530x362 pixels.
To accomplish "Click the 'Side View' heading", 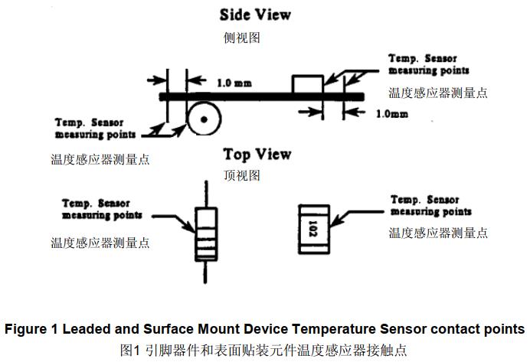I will (256, 15).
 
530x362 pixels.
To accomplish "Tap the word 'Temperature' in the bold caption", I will (333, 329).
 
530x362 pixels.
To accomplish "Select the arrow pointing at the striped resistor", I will (180, 223).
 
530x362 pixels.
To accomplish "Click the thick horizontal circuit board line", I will (260, 96).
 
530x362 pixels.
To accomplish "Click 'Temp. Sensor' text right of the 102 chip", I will (425, 201).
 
